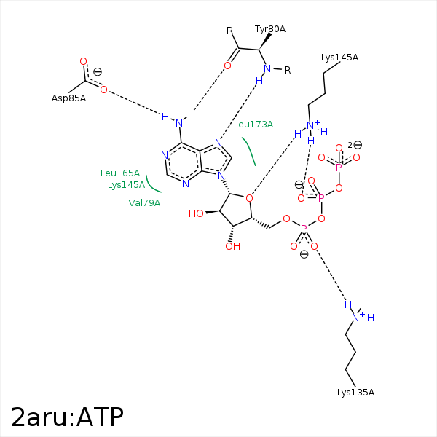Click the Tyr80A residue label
pos(270,29)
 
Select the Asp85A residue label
pos(68,98)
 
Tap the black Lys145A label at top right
pos(339,58)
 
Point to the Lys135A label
pos(355,393)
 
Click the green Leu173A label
pos(253,125)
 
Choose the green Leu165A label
pos(120,173)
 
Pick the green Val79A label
pos(144,203)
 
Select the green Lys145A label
pos(124,185)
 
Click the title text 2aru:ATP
pos(67,417)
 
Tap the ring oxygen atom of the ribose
pos(249,197)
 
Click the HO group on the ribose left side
pos(196,214)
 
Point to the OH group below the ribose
pos(232,247)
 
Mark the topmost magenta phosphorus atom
pos(339,167)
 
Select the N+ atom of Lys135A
pos(356,317)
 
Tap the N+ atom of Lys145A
pos(311,125)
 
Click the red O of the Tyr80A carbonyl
pos(227,66)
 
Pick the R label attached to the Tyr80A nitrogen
pos(287,71)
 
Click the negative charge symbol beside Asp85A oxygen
pos(97,71)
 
